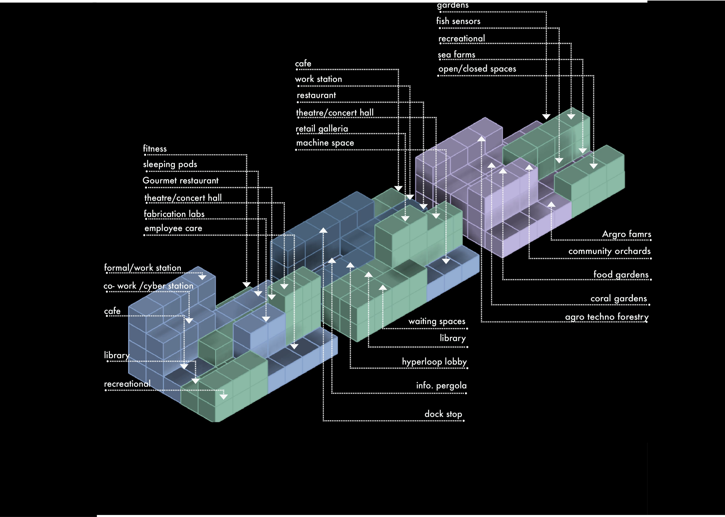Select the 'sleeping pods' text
tap(170, 164)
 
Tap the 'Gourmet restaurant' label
tap(180, 181)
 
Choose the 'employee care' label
tap(173, 228)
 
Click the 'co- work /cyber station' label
tap(148, 286)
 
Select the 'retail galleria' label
tap(322, 129)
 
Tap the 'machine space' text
tap(325, 143)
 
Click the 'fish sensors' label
tap(458, 21)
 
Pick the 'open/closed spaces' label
tap(477, 69)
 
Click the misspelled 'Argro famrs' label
tap(626, 234)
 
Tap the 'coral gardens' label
tap(618, 298)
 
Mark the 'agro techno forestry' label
tap(606, 317)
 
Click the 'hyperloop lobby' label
tap(434, 362)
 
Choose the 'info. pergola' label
tap(441, 385)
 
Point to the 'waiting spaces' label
tap(436, 321)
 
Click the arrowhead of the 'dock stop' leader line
tap(323, 230)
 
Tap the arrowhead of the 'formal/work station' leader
tap(202, 277)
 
